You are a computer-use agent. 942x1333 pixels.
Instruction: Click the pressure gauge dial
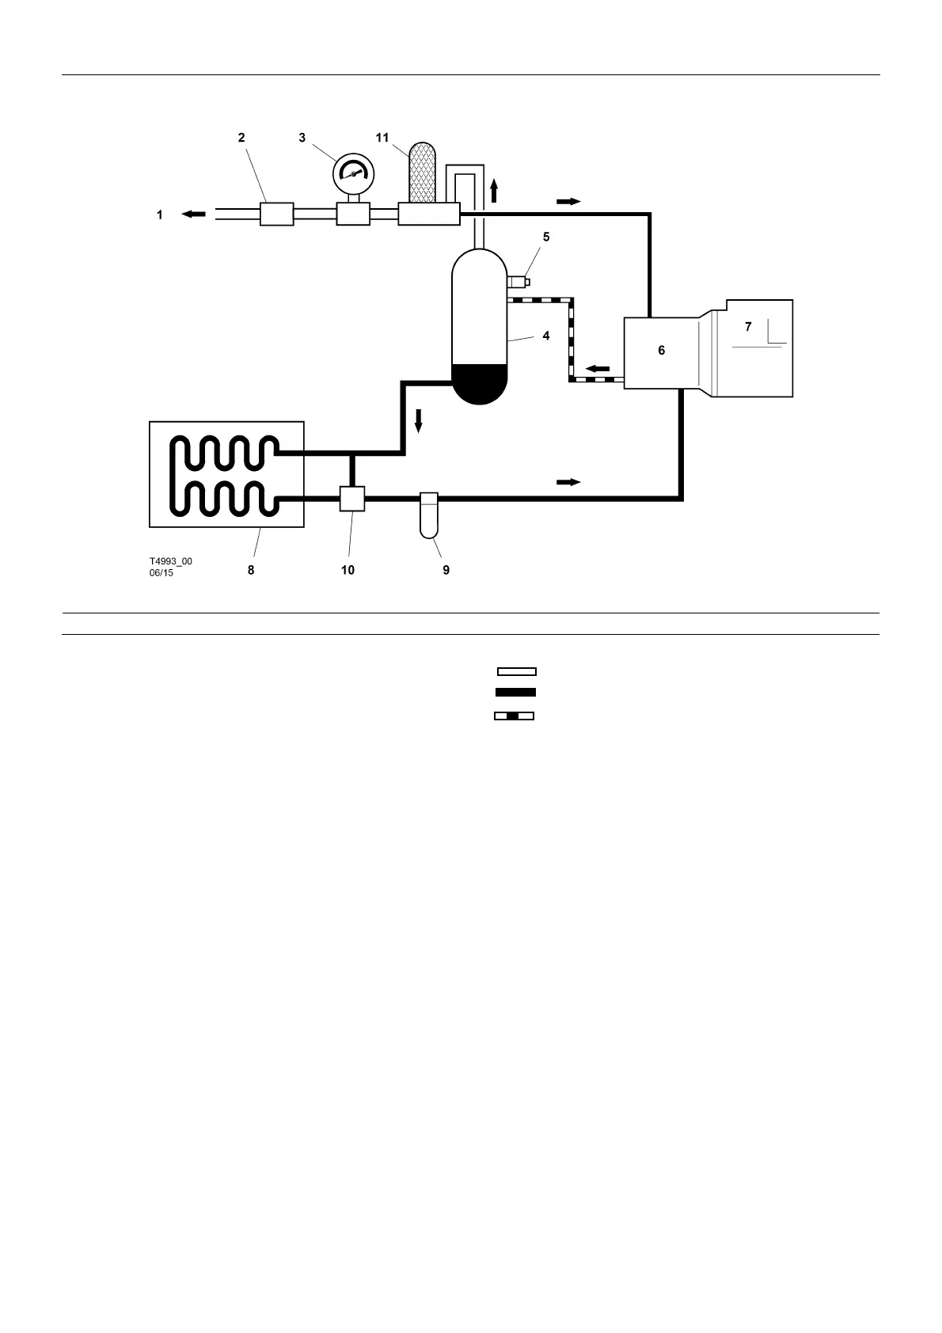[x=353, y=173]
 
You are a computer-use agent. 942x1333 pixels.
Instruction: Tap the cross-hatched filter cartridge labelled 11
[x=421, y=173]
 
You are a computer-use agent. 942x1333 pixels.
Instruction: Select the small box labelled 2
[x=277, y=214]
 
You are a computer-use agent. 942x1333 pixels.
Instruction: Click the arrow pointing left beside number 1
[x=193, y=214]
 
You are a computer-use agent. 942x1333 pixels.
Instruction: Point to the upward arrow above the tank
[x=494, y=190]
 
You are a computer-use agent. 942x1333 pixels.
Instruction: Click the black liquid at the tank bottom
[x=479, y=383]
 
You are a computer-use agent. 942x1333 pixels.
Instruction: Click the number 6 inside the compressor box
[x=662, y=350]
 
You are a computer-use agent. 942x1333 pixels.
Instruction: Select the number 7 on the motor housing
[x=748, y=327]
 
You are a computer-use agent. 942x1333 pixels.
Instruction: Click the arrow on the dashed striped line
[x=598, y=369]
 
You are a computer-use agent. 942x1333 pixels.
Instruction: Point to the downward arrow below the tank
[x=419, y=420]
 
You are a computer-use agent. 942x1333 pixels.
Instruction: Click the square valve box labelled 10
[x=352, y=499]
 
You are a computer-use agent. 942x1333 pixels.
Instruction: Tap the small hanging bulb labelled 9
[x=428, y=515]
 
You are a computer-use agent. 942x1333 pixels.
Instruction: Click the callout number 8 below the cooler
[x=251, y=570]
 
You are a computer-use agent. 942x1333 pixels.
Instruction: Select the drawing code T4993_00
[x=171, y=562]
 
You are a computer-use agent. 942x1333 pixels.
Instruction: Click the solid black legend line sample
[x=515, y=693]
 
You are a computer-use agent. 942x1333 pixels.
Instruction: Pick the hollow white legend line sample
[x=516, y=672]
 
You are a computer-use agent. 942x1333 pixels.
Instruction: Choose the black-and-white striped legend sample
[x=514, y=716]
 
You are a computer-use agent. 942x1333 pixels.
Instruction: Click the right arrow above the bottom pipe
[x=568, y=482]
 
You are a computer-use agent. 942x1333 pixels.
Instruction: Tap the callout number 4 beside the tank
[x=546, y=336]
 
